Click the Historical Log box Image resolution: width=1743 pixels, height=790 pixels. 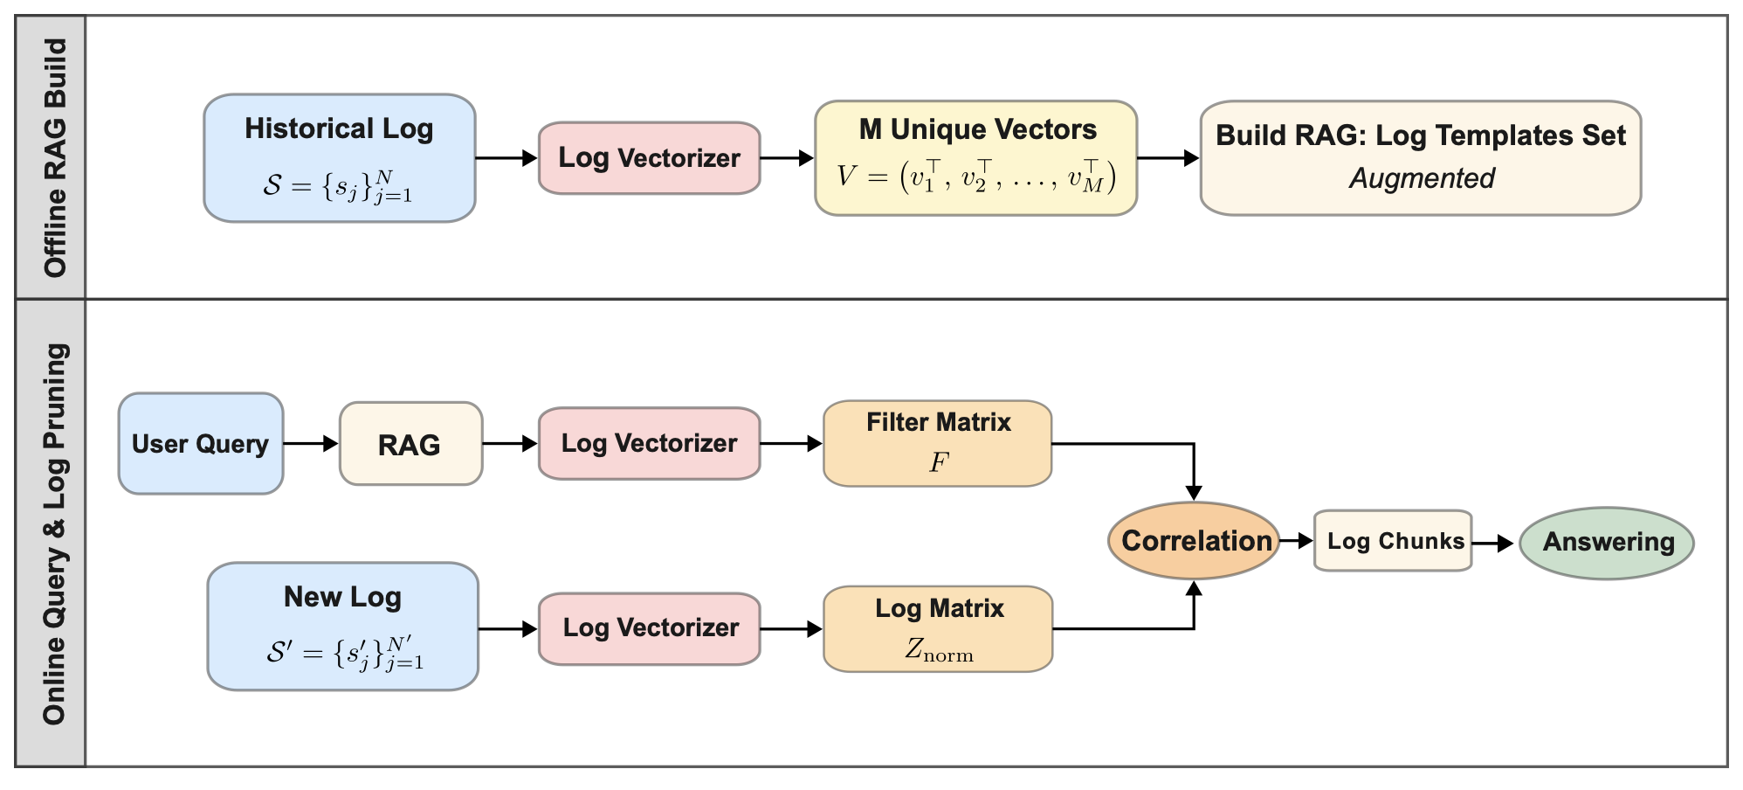click(339, 158)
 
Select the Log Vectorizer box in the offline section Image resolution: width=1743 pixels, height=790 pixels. click(649, 158)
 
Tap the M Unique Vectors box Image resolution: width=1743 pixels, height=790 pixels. click(975, 158)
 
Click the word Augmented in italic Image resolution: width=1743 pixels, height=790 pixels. click(1421, 178)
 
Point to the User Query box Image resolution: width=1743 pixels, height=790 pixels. click(200, 444)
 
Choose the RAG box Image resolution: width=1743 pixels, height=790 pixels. click(410, 444)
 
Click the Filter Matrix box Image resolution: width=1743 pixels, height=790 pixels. click(937, 443)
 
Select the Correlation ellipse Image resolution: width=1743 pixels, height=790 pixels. click(1194, 541)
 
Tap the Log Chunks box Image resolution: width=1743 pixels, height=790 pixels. click(1393, 541)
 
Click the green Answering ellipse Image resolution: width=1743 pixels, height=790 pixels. click(1607, 543)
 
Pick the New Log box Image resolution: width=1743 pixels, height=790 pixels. click(342, 627)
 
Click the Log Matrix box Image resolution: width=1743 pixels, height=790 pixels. click(938, 628)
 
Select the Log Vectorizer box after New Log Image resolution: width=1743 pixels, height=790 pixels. click(649, 628)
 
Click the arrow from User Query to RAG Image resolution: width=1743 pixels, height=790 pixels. click(311, 444)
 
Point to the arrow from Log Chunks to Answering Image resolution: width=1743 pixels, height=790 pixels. click(1493, 544)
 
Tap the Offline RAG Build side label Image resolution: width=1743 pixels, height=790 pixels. click(54, 158)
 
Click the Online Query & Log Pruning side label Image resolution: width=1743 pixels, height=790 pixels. click(54, 534)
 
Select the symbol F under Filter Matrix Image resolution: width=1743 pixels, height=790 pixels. click(938, 462)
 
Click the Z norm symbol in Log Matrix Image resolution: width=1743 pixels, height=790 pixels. click(939, 649)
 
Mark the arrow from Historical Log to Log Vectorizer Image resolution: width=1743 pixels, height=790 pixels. click(506, 158)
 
